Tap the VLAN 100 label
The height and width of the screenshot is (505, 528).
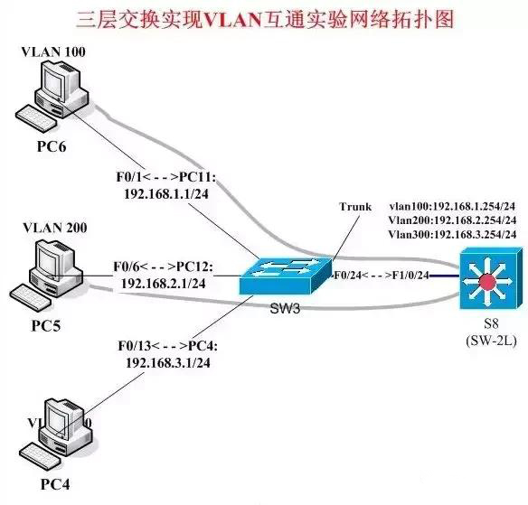click(53, 51)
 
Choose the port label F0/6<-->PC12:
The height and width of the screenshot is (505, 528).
click(163, 267)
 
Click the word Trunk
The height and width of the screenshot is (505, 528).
click(356, 206)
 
